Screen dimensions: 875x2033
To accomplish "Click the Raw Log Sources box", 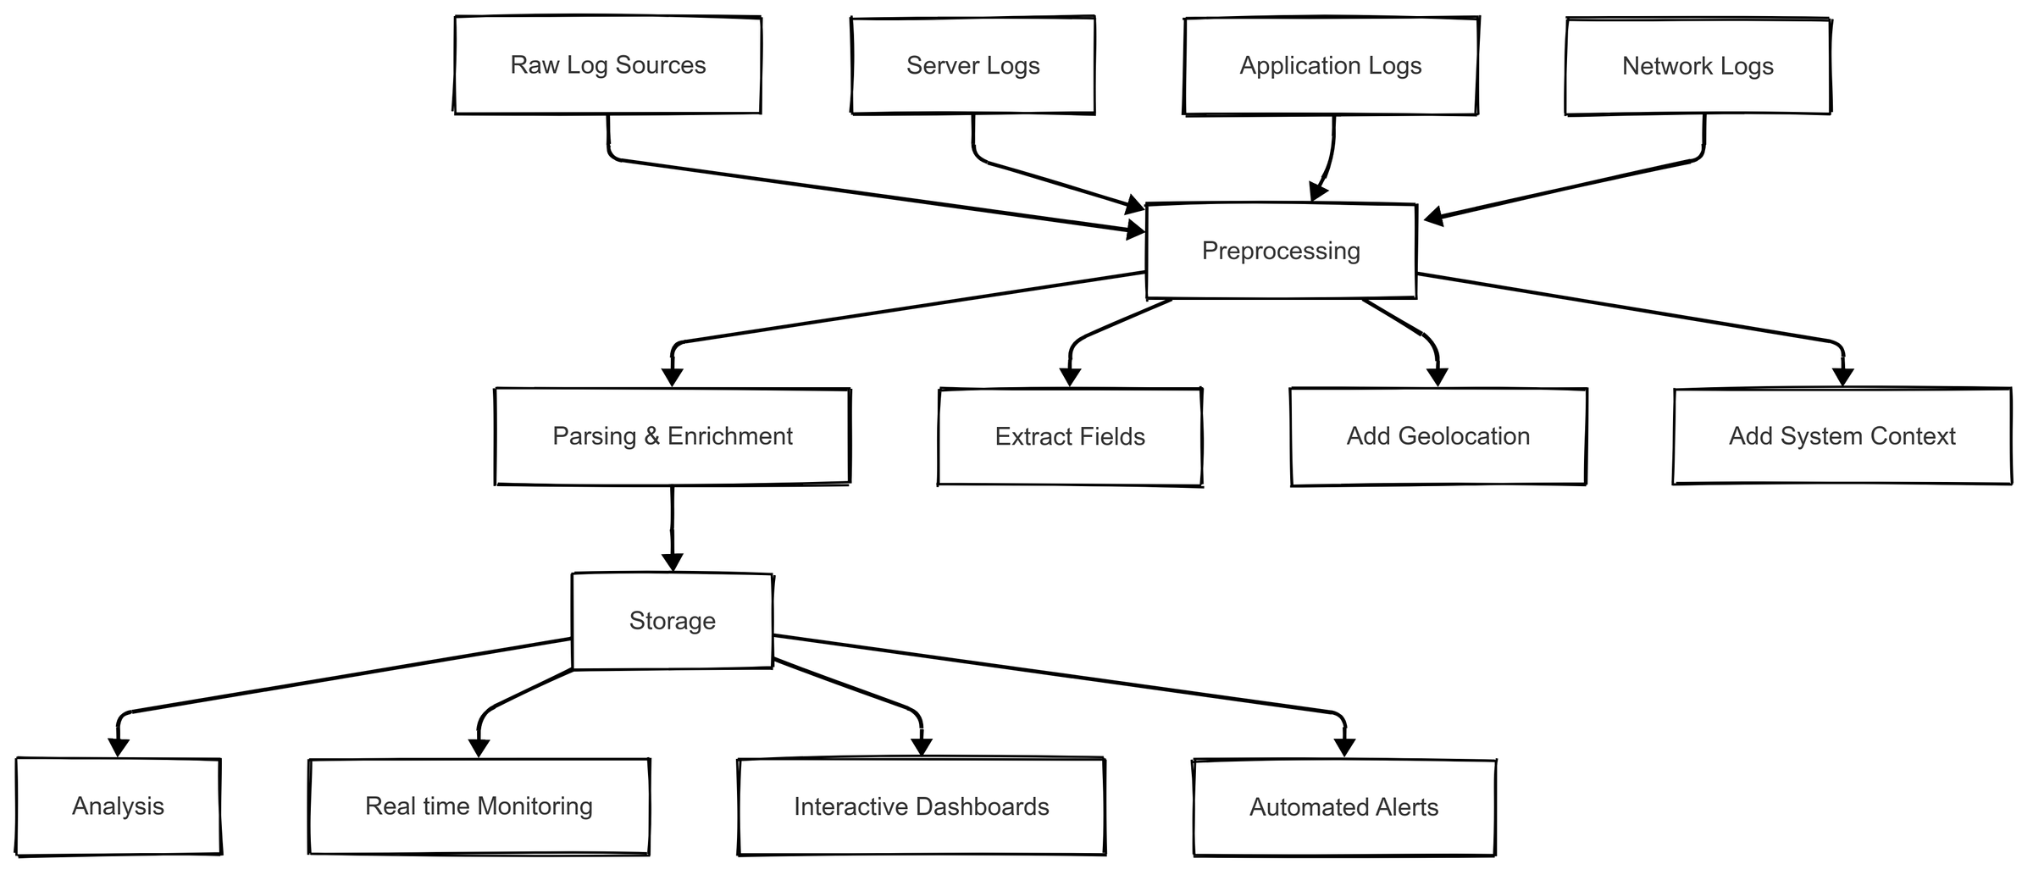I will coord(607,65).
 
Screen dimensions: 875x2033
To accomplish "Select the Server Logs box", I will coord(972,65).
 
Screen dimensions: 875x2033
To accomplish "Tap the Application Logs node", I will coord(1330,65).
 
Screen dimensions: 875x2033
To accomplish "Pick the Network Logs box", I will coord(1698,66).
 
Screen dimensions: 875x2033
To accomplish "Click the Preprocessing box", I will coord(1281,251).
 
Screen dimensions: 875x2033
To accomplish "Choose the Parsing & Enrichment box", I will coord(672,436).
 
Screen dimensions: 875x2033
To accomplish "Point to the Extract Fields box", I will coord(1070,437).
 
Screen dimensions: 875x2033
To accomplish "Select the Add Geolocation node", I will coord(1438,436).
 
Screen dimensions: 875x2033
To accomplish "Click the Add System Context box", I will coord(1842,436).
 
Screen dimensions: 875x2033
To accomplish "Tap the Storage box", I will coord(672,621).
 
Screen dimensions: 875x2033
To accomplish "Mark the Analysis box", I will coord(118,806).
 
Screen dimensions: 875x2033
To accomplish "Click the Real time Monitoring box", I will coord(479,806).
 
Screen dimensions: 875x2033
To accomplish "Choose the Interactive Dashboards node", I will coord(921,807).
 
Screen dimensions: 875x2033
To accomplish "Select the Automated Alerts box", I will coord(1343,807).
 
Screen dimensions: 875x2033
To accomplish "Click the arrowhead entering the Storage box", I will coord(672,563).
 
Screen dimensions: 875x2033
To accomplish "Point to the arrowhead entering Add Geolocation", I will coord(1438,378).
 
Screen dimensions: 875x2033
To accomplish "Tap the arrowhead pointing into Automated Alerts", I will coord(1344,748).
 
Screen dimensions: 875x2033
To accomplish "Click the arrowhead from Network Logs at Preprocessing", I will coord(1433,218).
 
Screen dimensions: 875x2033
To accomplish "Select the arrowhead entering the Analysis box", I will coord(119,748).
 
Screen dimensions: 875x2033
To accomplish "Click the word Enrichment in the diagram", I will coord(729,436).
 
